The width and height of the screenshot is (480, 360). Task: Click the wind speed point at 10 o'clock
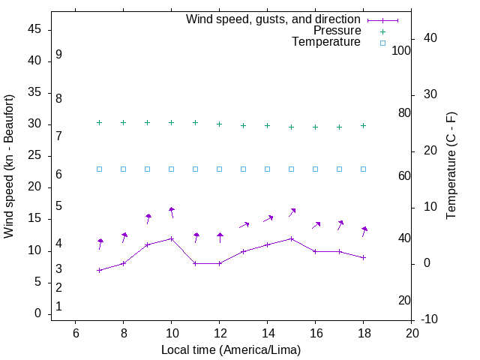tap(172, 238)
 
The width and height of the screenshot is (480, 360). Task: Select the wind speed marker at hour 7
tap(99, 270)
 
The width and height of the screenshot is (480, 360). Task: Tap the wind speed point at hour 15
tap(292, 238)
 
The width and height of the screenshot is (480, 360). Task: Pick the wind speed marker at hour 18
tap(364, 257)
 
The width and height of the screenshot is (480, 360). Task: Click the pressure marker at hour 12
tap(220, 124)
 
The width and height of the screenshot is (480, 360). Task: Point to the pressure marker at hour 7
tap(99, 122)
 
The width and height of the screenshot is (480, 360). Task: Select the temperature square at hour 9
tap(148, 169)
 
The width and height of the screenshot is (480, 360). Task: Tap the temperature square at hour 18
tap(364, 169)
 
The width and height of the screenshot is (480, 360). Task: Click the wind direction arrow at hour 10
tap(172, 213)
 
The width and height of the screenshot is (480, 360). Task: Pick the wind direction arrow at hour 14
tap(268, 218)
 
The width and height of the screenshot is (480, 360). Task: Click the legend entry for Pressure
tap(337, 31)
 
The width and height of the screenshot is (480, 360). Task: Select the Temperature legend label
tap(326, 43)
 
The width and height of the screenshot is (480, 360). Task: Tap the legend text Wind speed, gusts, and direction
tap(273, 19)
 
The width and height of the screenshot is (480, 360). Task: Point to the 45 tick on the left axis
tap(34, 29)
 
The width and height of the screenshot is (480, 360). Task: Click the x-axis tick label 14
tap(268, 332)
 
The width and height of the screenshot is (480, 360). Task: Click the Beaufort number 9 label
tap(58, 55)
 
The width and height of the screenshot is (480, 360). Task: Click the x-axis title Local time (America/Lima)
tap(231, 349)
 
